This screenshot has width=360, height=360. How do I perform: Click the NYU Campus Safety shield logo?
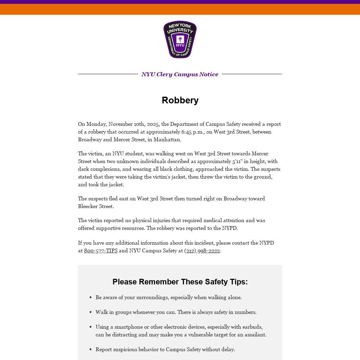point(180,39)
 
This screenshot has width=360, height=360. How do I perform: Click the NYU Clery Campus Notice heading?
point(180,74)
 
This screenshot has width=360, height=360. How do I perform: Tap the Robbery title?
point(180,100)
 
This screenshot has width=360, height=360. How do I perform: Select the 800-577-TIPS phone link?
point(101,251)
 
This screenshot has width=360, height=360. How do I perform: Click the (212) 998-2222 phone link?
point(202,251)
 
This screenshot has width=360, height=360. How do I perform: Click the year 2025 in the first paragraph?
point(153,124)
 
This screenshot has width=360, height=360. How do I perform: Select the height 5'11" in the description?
point(240,161)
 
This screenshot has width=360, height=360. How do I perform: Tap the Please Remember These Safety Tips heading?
point(180,282)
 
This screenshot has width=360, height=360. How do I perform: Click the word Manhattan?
point(167,140)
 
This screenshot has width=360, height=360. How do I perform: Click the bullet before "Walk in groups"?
point(90,312)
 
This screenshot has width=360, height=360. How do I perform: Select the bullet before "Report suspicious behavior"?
point(90,349)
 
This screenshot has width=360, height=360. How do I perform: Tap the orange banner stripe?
point(180,9)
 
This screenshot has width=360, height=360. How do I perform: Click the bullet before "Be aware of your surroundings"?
point(90,297)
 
